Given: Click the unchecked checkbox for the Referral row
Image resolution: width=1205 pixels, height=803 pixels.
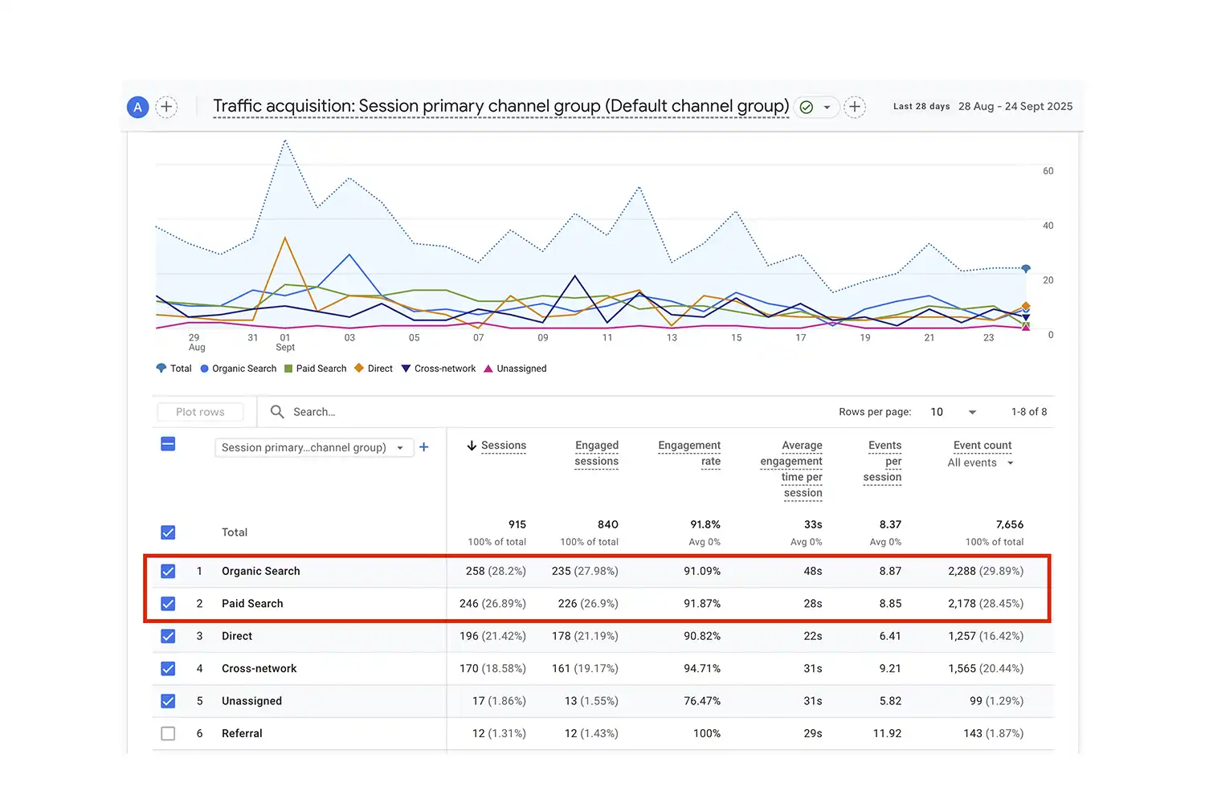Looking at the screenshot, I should click(x=168, y=733).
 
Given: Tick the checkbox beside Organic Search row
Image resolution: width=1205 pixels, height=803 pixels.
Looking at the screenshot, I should click(x=168, y=571).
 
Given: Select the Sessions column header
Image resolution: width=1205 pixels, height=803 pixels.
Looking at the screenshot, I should click(x=503, y=446).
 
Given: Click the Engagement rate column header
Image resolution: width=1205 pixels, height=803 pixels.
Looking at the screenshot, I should click(x=689, y=453).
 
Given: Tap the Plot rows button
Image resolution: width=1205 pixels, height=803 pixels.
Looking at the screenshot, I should click(x=200, y=412).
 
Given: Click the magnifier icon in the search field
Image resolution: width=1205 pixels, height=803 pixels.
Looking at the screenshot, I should click(x=277, y=412).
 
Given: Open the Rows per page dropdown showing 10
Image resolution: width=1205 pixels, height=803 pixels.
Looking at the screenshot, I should click(x=953, y=412).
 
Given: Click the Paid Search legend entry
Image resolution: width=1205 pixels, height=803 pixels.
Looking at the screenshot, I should click(x=316, y=369).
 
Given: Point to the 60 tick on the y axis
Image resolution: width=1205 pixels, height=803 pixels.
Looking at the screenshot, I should click(x=1048, y=171).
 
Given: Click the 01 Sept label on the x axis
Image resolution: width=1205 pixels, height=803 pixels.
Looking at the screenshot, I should click(x=285, y=342).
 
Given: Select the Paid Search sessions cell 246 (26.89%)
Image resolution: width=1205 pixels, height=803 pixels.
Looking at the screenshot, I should click(x=492, y=604).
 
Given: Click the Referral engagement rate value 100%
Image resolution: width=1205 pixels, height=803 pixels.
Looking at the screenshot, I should click(x=706, y=733).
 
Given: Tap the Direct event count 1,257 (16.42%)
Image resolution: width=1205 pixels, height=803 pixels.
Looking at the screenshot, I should click(x=985, y=636).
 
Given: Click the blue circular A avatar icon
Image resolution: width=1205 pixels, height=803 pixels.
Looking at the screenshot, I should click(x=138, y=107).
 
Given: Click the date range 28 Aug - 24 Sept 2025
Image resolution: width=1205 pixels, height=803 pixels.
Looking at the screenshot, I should click(x=1015, y=106).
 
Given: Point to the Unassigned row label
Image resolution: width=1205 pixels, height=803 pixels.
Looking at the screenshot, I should click(x=251, y=701).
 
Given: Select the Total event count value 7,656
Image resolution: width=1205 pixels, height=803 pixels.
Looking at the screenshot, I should click(x=1009, y=524).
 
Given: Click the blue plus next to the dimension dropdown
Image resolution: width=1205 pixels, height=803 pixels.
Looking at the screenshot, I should click(x=424, y=447).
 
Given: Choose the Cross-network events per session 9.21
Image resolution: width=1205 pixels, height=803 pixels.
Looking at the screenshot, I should click(x=889, y=668).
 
